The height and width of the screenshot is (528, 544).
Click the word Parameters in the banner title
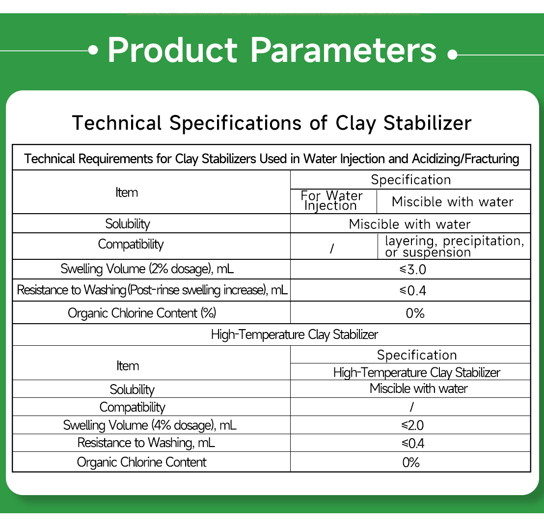[x=343, y=50]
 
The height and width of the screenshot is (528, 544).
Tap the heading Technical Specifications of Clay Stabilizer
[x=272, y=122]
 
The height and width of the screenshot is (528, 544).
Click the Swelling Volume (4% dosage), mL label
[x=150, y=425]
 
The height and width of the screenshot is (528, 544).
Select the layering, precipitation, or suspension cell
[x=454, y=247]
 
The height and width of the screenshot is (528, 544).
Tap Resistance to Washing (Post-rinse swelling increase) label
[x=152, y=290]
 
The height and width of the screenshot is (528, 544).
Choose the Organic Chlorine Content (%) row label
[x=142, y=313]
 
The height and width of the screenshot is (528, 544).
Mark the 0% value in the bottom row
[x=411, y=462]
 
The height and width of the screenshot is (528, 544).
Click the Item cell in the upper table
[x=127, y=193]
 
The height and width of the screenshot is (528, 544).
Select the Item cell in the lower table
[x=128, y=366]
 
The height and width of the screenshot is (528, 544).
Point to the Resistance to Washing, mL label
[x=146, y=443]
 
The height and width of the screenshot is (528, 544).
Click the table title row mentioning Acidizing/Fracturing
[x=272, y=159]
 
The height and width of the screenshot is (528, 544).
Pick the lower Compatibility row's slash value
[x=411, y=407]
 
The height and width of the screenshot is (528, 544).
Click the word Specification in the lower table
[x=417, y=355]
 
